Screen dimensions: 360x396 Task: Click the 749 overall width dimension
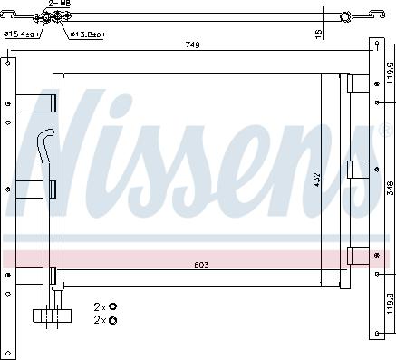point(192,44)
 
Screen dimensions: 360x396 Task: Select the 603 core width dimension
point(201,266)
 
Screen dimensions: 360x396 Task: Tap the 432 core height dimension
point(316,180)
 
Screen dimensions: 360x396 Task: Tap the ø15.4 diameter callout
point(19,34)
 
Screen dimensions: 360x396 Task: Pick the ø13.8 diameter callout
point(87,34)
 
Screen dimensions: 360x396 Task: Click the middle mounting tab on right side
point(354,168)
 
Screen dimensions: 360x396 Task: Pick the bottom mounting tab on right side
point(354,254)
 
